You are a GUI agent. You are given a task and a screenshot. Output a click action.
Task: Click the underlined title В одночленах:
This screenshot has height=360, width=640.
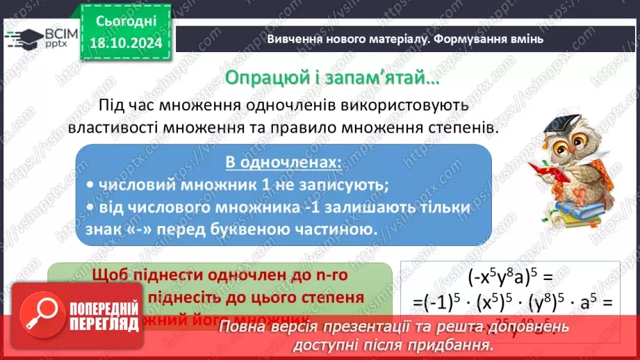[x=283, y=163]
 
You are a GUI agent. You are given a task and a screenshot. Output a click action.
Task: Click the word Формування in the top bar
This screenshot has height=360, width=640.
[x=473, y=40]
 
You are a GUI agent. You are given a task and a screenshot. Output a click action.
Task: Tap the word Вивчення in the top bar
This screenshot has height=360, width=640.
[x=292, y=40]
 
